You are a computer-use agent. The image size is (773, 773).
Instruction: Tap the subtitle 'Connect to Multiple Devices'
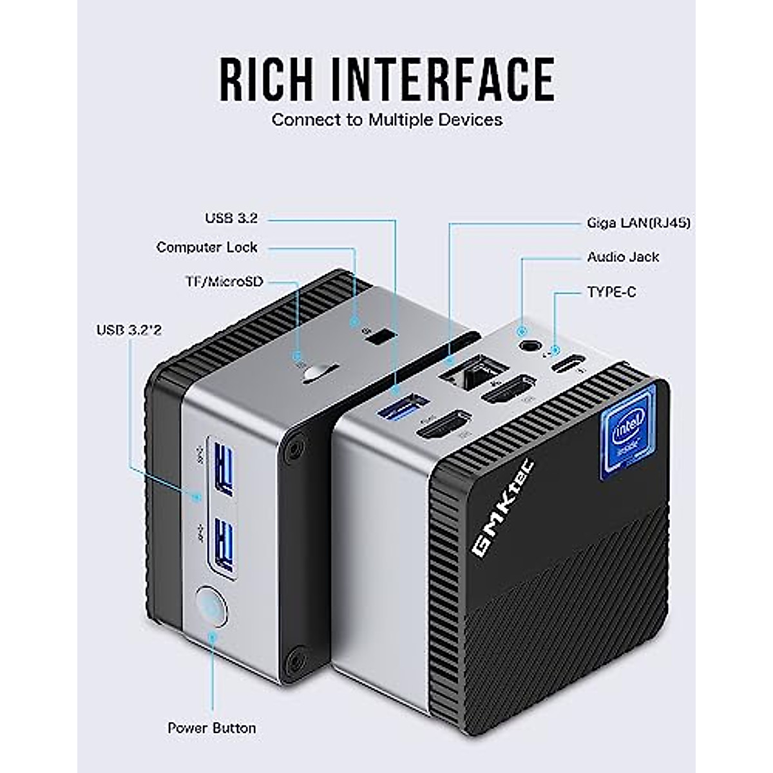click(x=386, y=120)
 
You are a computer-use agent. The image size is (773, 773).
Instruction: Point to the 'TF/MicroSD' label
click(x=224, y=282)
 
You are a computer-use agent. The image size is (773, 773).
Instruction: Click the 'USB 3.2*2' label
click(x=129, y=330)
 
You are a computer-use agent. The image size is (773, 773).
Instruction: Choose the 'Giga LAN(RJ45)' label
click(x=638, y=223)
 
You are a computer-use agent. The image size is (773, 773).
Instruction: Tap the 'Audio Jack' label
click(x=623, y=257)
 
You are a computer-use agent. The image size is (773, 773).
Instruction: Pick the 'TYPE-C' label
click(x=611, y=292)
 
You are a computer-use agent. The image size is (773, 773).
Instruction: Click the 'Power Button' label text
click(x=211, y=728)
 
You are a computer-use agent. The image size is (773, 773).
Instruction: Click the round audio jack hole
click(x=529, y=345)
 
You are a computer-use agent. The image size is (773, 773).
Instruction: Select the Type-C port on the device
click(x=567, y=365)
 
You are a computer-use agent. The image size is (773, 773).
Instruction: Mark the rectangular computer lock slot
click(x=379, y=337)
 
